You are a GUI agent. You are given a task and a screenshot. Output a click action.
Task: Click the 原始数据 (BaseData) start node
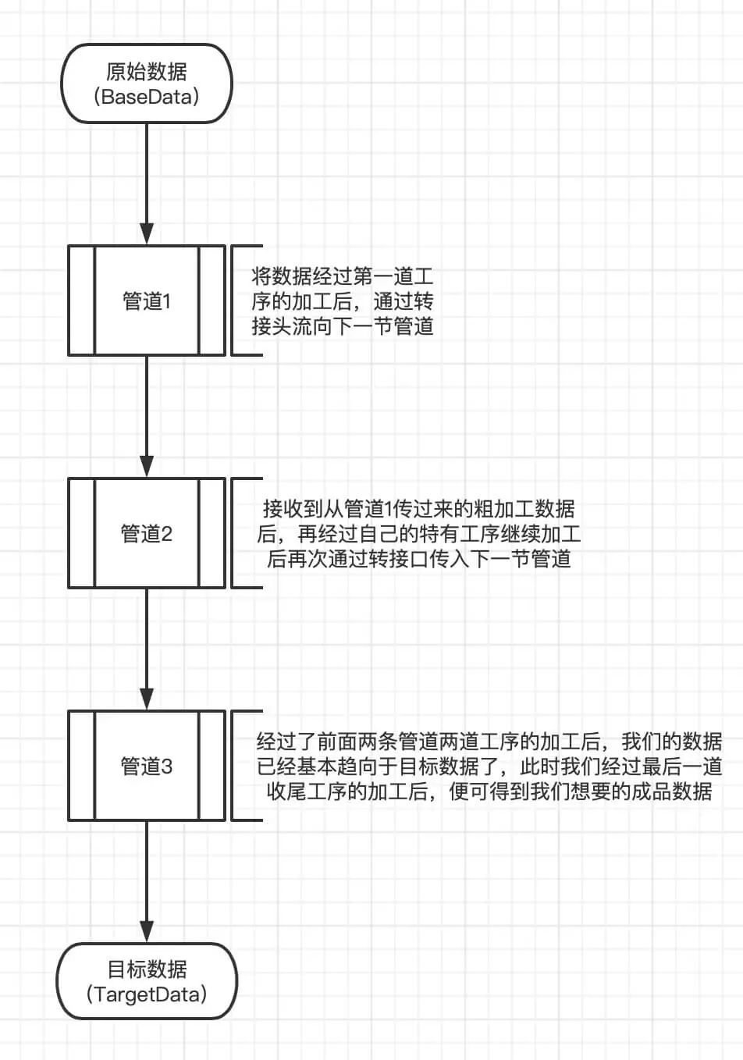[147, 84]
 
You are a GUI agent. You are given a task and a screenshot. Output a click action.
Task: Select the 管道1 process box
[147, 301]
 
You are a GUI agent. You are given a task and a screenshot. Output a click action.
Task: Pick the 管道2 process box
[147, 533]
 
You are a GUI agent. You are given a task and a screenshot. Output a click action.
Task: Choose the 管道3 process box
[147, 767]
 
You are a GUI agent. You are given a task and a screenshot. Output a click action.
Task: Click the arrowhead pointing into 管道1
[147, 233]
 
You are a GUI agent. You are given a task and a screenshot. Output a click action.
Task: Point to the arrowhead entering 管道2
[147, 466]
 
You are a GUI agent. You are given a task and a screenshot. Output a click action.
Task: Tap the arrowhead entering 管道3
[147, 699]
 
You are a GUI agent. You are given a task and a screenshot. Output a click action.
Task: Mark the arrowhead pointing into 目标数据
[147, 930]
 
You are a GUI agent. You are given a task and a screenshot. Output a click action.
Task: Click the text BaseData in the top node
[147, 97]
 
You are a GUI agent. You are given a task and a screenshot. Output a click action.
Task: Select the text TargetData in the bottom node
[147, 994]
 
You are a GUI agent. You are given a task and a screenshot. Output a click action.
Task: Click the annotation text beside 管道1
[342, 301]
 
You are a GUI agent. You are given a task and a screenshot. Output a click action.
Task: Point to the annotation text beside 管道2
[419, 534]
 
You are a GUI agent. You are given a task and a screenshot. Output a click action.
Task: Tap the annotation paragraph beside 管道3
[489, 767]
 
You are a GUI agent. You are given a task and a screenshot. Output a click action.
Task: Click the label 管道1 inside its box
[147, 301]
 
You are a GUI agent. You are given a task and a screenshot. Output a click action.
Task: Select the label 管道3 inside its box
[147, 767]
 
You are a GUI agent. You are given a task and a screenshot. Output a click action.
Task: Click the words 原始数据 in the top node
[147, 72]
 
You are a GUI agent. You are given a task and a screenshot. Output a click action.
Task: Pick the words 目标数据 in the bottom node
[148, 969]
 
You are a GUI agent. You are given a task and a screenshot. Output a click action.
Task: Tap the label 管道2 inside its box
[147, 534]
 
